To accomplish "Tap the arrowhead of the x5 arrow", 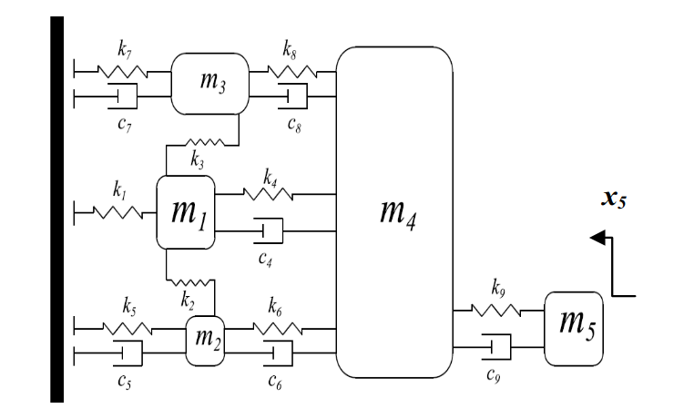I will click(598, 238).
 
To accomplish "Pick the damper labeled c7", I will click(124, 95).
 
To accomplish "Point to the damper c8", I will click(292, 94).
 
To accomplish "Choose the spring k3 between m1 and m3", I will click(201, 141).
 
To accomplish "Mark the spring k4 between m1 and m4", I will click(267, 193).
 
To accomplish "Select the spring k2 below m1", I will click(190, 280).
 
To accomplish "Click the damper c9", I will click(497, 345).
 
